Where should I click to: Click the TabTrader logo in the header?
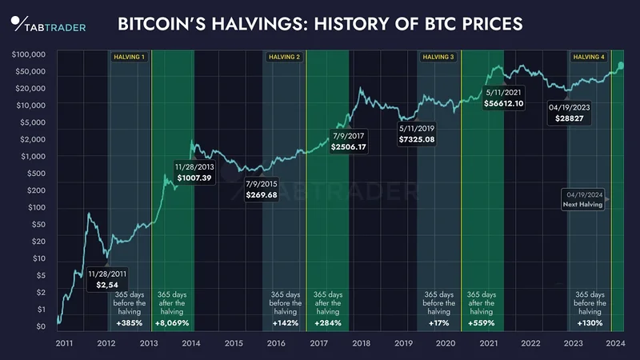click(48, 24)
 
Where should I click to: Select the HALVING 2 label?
click(284, 57)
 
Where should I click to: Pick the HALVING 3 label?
click(438, 57)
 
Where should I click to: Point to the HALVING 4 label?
click(588, 57)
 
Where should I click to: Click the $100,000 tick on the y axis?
click(29, 54)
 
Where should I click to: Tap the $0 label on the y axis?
click(40, 326)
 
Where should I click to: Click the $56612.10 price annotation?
click(504, 103)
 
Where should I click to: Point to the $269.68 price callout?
click(262, 194)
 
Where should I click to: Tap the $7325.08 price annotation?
click(417, 139)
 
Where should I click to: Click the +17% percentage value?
click(438, 323)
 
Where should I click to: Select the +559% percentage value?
click(481, 323)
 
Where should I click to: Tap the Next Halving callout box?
click(584, 199)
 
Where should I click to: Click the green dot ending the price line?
click(622, 65)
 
